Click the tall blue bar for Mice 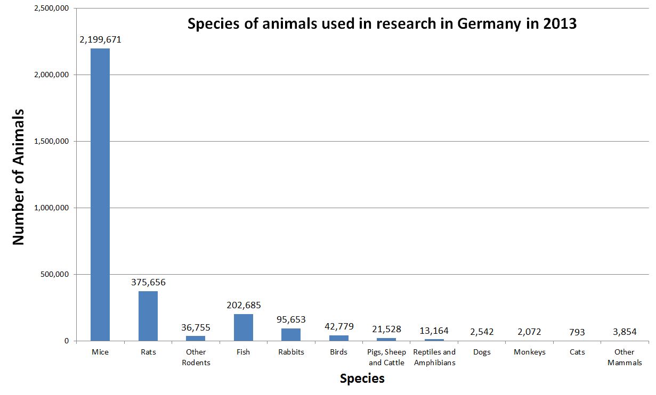pyautogui.click(x=100, y=194)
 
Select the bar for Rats pyautogui.click(x=148, y=316)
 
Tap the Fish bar pyautogui.click(x=243, y=327)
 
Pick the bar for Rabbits pyautogui.click(x=291, y=334)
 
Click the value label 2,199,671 pyautogui.click(x=101, y=39)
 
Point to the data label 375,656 pyautogui.click(x=148, y=282)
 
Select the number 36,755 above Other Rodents pyautogui.click(x=196, y=327)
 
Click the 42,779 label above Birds pyautogui.click(x=338, y=326)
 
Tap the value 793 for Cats pyautogui.click(x=577, y=332)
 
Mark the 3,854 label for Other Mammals pyautogui.click(x=624, y=332)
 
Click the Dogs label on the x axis pyautogui.click(x=482, y=352)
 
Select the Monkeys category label pyautogui.click(x=529, y=352)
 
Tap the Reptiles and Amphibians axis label pyautogui.click(x=434, y=357)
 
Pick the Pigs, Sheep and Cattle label pyautogui.click(x=387, y=357)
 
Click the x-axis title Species pyautogui.click(x=362, y=378)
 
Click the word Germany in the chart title pyautogui.click(x=484, y=24)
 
